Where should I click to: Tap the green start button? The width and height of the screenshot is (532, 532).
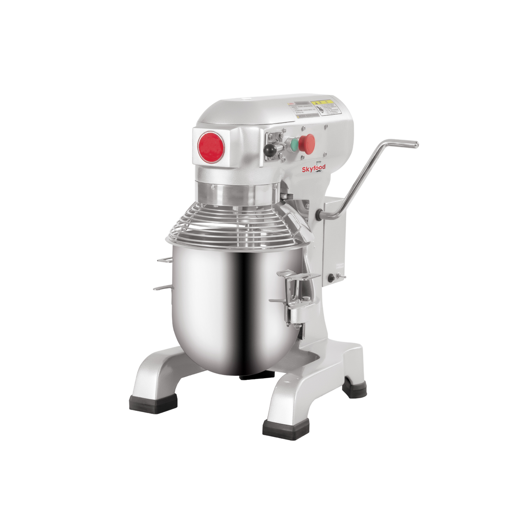click(293, 143)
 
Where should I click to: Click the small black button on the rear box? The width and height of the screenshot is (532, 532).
click(331, 278)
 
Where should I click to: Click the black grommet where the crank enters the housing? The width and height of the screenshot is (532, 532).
click(319, 215)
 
